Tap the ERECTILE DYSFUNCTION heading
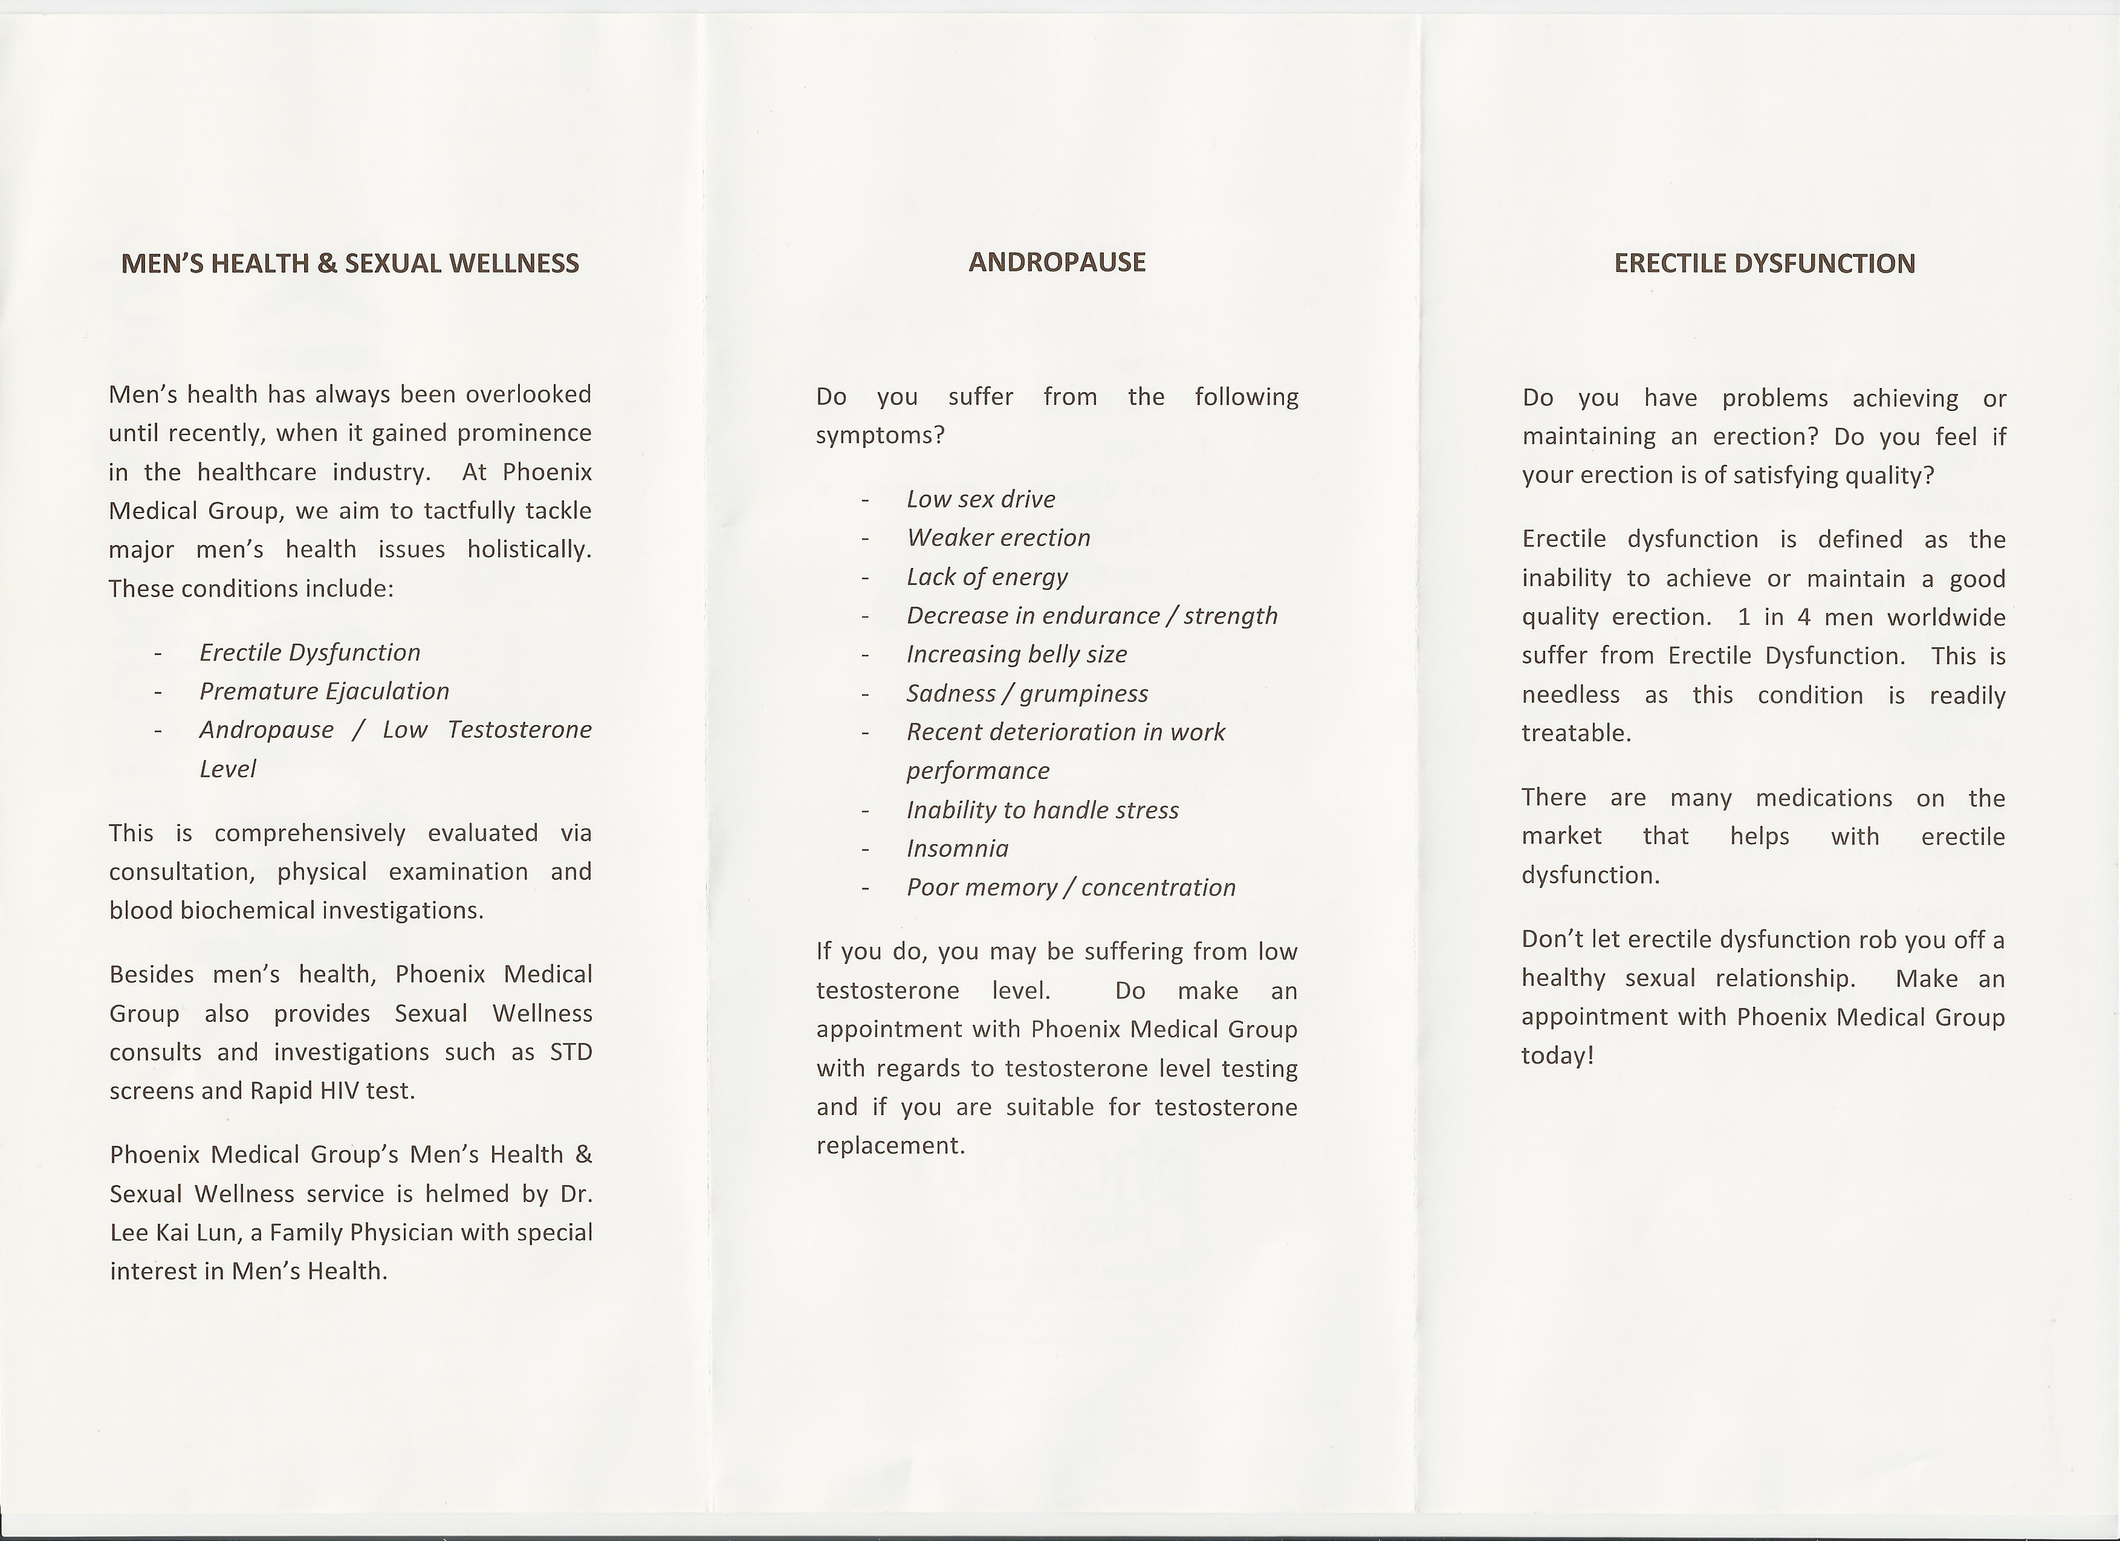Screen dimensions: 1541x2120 pos(1764,263)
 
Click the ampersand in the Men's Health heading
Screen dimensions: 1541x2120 pos(326,263)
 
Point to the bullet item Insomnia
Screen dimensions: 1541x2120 pos(957,848)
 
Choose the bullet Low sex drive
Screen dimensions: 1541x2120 pos(981,499)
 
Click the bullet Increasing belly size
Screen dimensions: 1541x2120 pos(1016,654)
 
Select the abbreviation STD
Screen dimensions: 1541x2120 pos(570,1052)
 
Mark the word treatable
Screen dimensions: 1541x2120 pos(1576,734)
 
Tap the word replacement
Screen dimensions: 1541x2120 pos(889,1146)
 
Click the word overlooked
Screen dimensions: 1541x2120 pos(528,395)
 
